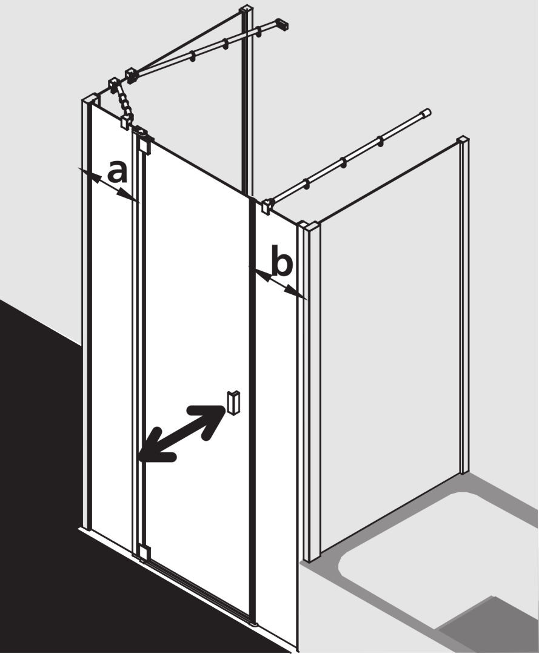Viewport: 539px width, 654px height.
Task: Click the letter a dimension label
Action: click(117, 172)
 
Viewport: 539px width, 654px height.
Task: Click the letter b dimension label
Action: click(281, 262)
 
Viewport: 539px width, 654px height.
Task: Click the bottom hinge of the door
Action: click(144, 553)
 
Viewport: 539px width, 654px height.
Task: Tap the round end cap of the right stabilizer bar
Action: click(426, 113)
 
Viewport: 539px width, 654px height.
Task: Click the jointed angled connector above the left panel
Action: click(121, 100)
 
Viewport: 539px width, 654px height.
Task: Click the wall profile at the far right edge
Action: click(463, 305)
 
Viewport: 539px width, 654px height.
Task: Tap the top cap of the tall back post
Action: click(248, 9)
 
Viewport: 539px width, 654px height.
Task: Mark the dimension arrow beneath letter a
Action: click(109, 185)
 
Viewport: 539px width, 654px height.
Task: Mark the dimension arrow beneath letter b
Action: click(278, 283)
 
